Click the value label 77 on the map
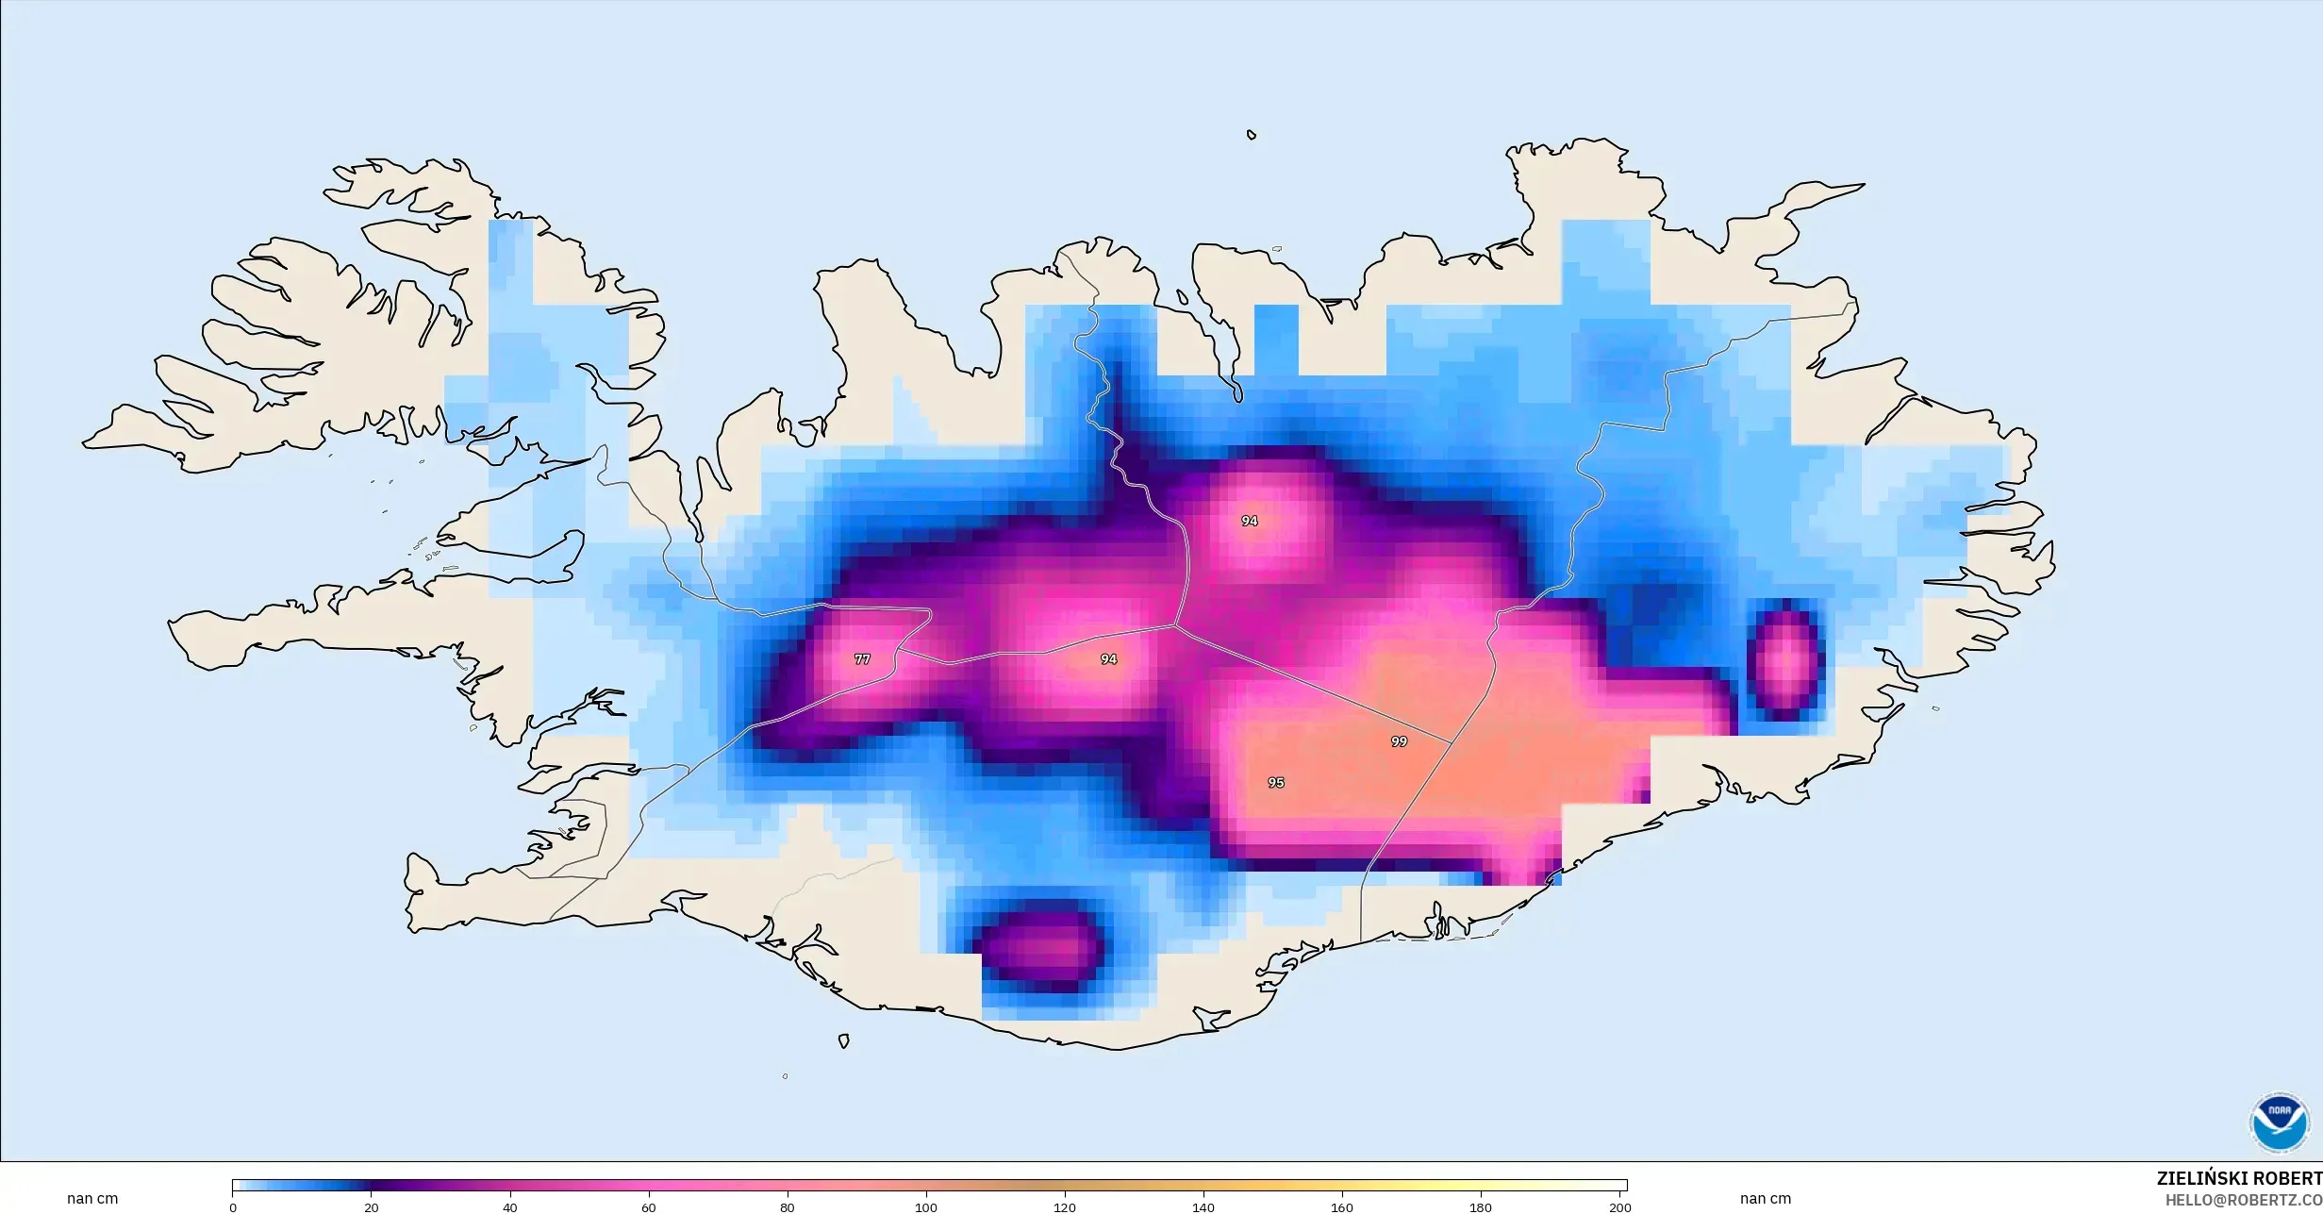862,659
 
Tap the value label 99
1399,741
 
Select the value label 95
1275,782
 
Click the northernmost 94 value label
1249,521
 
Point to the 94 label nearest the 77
1108,659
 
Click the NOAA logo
2279,1123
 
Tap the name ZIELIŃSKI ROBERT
2238,1178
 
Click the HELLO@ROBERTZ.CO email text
2243,1200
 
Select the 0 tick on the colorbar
233,1207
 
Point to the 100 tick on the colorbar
926,1207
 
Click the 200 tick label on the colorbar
1619,1207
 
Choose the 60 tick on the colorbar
649,1207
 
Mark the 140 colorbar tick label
1203,1207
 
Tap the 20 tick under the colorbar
372,1207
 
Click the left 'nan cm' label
92,1199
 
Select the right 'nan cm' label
1765,1199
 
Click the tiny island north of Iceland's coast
1252,135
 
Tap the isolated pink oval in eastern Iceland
1785,660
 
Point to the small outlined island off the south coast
843,1041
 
